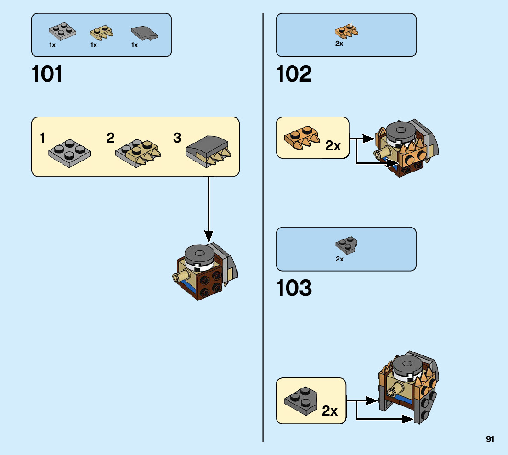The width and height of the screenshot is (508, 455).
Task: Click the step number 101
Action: click(x=47, y=74)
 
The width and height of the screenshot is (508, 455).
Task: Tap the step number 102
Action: click(x=294, y=74)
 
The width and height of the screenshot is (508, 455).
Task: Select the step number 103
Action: click(x=294, y=288)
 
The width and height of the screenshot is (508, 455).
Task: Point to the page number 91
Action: click(x=490, y=439)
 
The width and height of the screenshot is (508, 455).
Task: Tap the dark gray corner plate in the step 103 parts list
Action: click(x=347, y=245)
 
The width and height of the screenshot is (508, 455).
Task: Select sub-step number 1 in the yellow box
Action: click(x=43, y=138)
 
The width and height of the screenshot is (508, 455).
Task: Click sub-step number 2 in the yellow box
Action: click(x=110, y=138)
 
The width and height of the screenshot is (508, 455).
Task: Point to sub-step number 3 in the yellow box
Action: click(x=177, y=138)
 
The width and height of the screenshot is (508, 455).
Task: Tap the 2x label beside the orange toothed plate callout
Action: click(x=333, y=146)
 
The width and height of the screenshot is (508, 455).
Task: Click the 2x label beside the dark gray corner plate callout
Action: click(x=330, y=411)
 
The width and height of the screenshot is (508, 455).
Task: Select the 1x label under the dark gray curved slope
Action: click(x=135, y=45)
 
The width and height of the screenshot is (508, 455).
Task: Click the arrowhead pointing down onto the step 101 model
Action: click(x=209, y=237)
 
